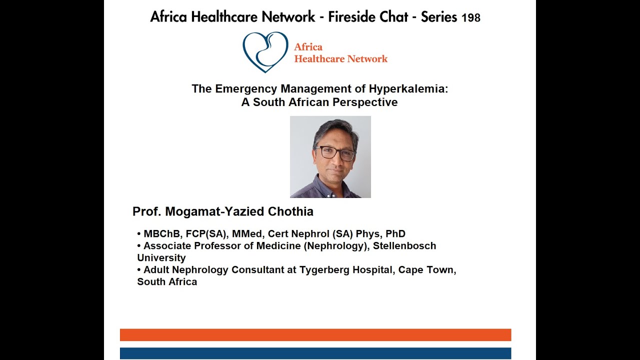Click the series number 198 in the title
470,18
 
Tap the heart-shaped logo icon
265,51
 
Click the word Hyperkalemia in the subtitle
408,89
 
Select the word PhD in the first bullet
395,233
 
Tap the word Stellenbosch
404,246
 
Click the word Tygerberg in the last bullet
322,270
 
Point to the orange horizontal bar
315,335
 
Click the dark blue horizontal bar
315,353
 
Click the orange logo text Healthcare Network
340,59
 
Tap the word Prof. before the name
146,211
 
